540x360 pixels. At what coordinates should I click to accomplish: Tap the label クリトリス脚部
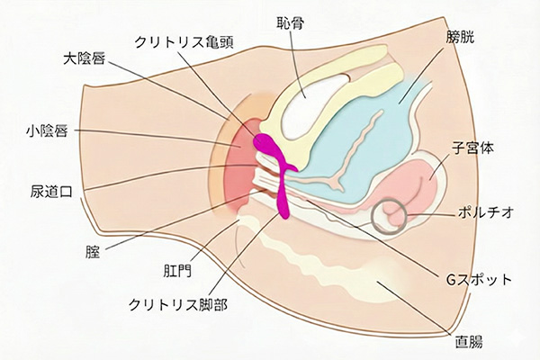coord(177,304)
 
